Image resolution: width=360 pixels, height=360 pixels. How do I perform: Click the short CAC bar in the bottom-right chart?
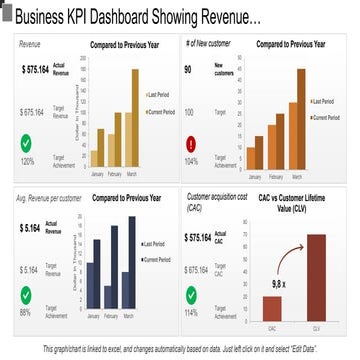272,307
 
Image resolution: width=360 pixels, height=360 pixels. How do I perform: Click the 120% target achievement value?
28,161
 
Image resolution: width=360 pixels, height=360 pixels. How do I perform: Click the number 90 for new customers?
188,70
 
